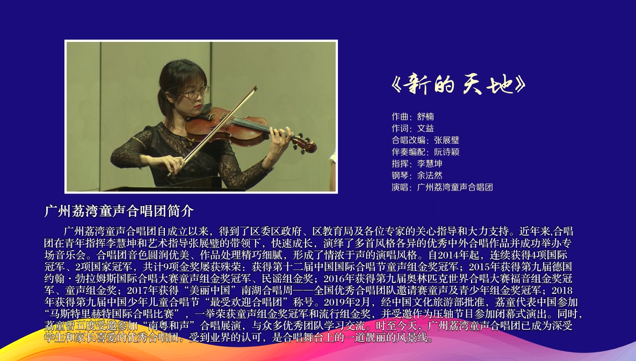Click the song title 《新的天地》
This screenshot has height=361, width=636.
[458, 84]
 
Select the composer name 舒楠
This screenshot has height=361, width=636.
[425, 117]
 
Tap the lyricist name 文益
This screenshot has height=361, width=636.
[425, 128]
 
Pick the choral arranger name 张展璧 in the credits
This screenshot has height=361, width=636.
[446, 140]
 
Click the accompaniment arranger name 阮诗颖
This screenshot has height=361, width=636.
[446, 152]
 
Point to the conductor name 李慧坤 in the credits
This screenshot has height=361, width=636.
[430, 164]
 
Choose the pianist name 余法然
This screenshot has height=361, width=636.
[430, 176]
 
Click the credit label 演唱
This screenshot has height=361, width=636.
[400, 187]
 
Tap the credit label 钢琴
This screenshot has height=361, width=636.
[400, 176]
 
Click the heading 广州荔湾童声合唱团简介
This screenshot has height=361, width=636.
[119, 211]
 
